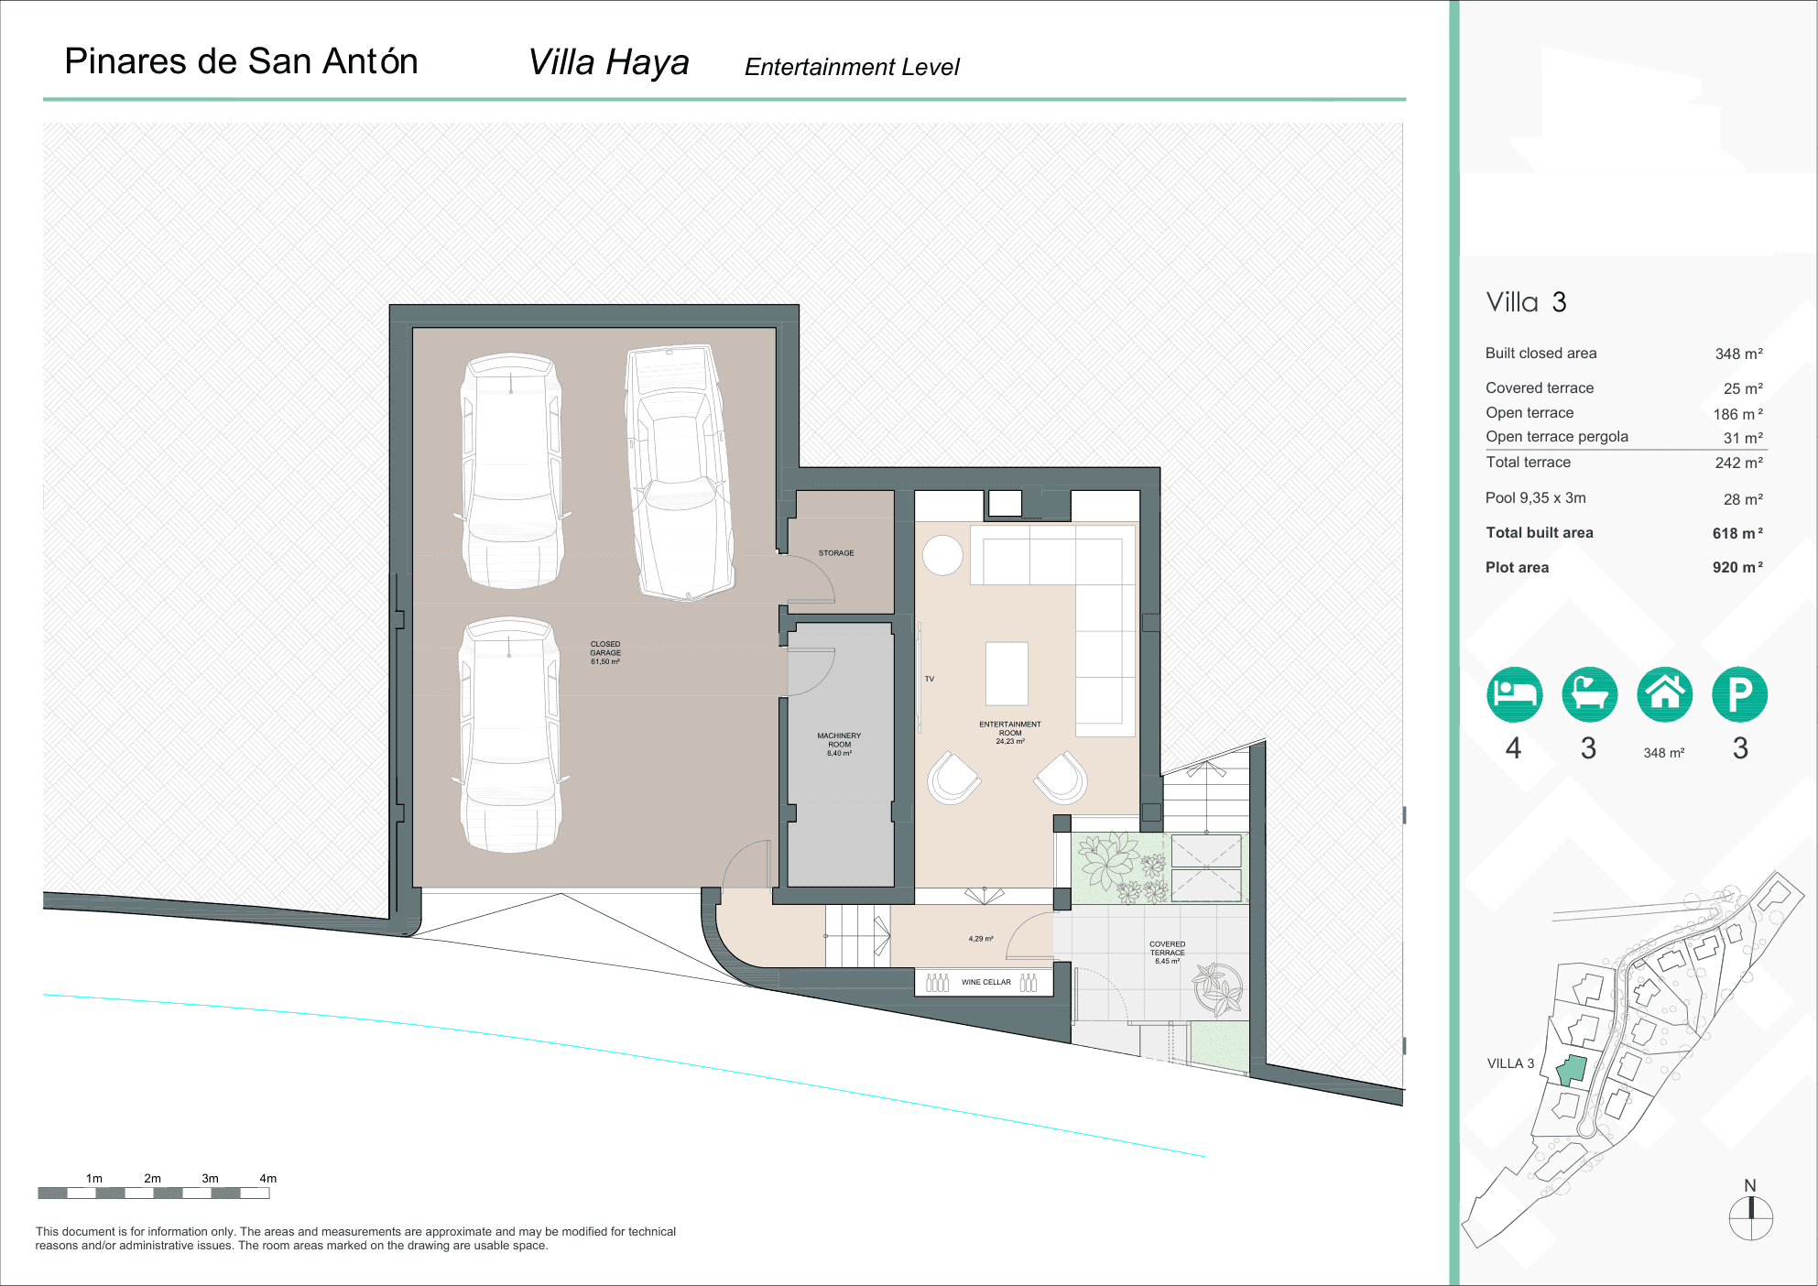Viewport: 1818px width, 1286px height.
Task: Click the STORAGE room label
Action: tap(835, 553)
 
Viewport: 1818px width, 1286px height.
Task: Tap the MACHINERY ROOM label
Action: tap(839, 744)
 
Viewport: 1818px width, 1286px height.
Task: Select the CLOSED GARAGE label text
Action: tap(604, 652)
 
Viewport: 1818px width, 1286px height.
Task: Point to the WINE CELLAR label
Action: tap(985, 982)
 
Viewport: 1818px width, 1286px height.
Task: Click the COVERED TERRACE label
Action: tap(1167, 952)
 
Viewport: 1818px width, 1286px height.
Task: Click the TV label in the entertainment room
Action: tap(929, 679)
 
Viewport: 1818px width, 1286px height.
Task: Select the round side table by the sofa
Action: tap(942, 555)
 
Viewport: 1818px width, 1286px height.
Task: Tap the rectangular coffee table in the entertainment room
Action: tap(1007, 673)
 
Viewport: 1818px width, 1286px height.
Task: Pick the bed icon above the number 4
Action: tap(1514, 694)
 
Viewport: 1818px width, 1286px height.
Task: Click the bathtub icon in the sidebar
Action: tap(1589, 694)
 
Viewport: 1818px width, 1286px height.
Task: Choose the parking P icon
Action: tap(1739, 694)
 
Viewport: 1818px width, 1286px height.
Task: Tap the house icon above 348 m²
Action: tap(1664, 694)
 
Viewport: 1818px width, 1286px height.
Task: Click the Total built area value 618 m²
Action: tap(1736, 533)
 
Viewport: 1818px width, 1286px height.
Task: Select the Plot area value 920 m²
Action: tap(1736, 567)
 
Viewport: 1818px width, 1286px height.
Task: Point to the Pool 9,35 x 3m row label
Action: tap(1535, 498)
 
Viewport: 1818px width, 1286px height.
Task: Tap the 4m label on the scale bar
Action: tap(267, 1178)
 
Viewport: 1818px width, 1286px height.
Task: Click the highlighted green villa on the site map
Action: tap(1572, 1069)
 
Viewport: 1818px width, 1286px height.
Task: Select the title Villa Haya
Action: tap(608, 62)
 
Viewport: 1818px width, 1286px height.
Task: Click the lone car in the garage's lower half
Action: tap(510, 735)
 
